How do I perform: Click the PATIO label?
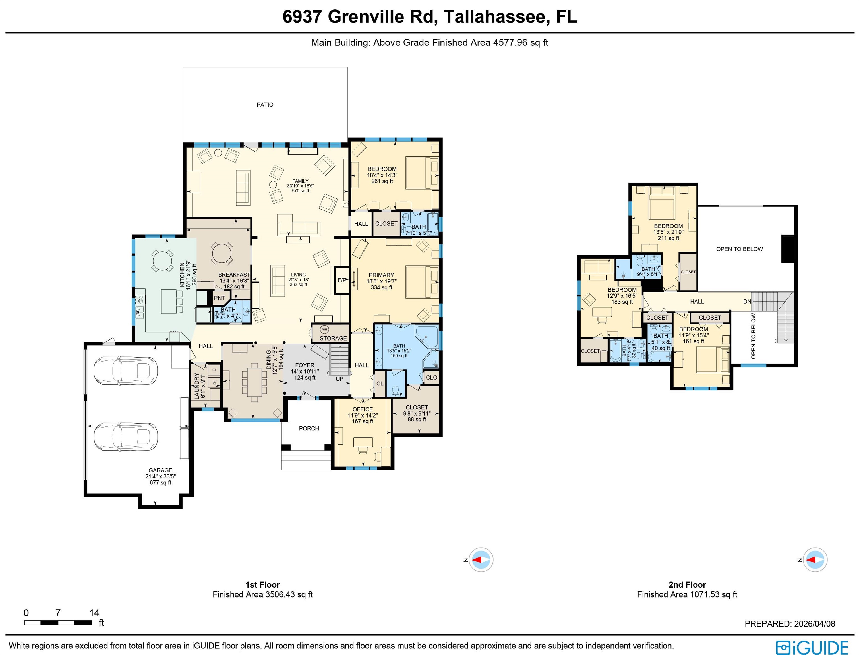point(265,105)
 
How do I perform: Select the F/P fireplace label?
point(341,280)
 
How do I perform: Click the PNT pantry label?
point(219,298)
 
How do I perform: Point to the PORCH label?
point(309,428)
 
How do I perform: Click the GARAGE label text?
point(160,470)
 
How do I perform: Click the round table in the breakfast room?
point(221,253)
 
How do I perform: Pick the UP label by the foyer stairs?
point(340,379)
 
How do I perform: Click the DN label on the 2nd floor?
point(747,301)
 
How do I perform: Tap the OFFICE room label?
point(363,409)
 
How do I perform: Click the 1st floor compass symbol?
point(481,560)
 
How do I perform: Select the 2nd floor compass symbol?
point(815,560)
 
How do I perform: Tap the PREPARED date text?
point(790,624)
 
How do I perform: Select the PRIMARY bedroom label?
point(381,275)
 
